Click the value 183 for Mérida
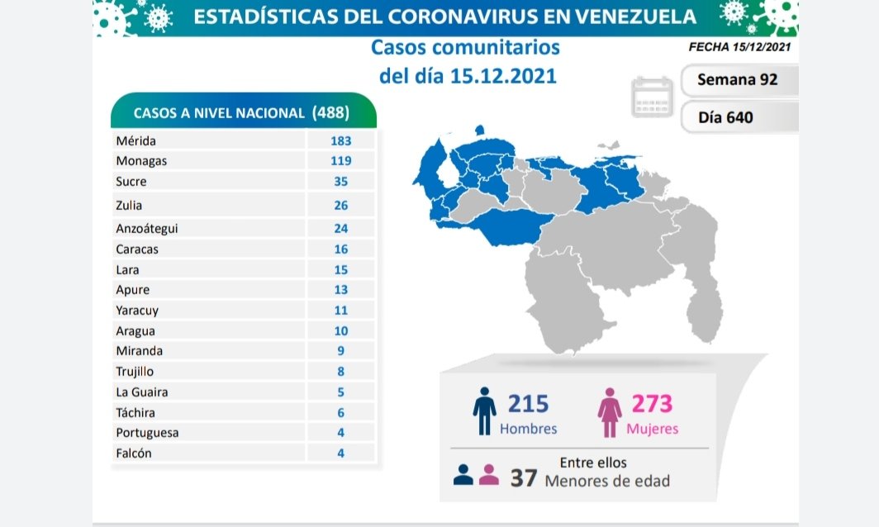click(x=340, y=141)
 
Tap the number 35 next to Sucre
click(x=340, y=182)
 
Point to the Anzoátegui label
click(x=146, y=229)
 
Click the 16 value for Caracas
click(x=340, y=249)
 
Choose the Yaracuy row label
click(x=137, y=311)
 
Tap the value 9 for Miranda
click(x=340, y=351)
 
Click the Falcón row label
click(x=134, y=453)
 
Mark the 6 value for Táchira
click(x=340, y=413)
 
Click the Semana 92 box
click(x=737, y=80)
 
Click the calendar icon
click(x=653, y=97)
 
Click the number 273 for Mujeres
click(x=653, y=404)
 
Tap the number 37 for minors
click(x=524, y=478)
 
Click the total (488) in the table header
click(x=330, y=112)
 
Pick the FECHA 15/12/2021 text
click(x=739, y=47)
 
